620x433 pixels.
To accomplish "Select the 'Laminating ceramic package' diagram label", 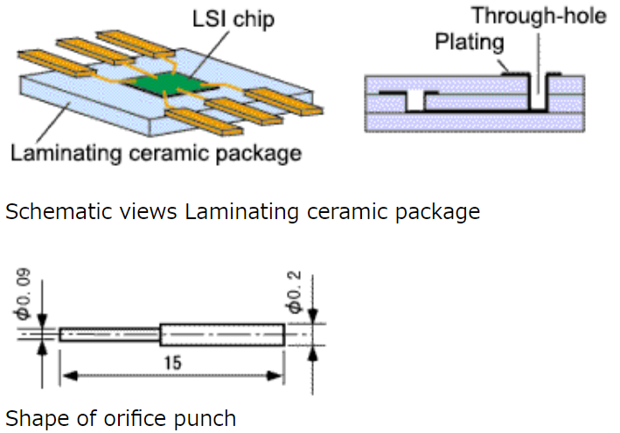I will click(156, 155).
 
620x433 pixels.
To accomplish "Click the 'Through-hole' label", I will click(539, 17).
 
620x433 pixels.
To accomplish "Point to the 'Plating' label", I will click(470, 41).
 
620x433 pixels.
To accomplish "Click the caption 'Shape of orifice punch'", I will click(121, 418).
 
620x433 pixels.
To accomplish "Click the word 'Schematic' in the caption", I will click(51, 211).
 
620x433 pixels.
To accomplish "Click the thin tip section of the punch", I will click(109, 334).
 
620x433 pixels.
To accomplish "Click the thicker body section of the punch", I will click(222, 334).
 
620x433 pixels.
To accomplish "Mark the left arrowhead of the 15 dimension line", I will click(65, 377).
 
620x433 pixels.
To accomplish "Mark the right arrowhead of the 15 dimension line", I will click(278, 377).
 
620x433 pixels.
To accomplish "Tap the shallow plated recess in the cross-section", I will click(414, 100).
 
